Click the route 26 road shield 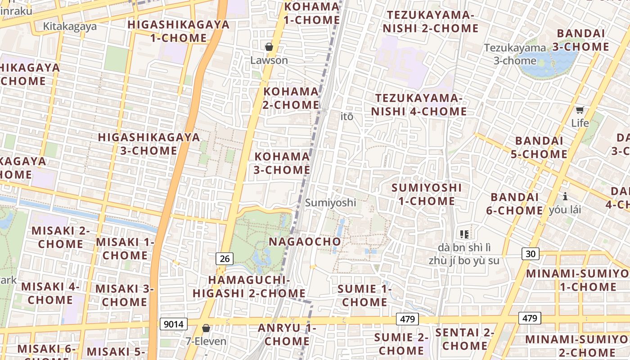pos(225,258)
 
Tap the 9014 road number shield pos(174,324)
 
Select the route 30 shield pos(531,254)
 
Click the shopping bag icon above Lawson pos(269,47)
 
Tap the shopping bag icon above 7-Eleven pos(206,328)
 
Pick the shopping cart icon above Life pos(580,110)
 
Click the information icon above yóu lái pos(565,196)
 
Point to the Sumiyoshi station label pos(330,202)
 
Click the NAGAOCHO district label pos(305,242)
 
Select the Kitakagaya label pos(70,27)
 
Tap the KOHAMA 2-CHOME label pos(291,98)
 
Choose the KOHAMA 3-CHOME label pos(282,163)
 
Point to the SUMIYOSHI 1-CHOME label pos(427,194)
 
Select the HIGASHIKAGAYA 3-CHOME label pos(149,144)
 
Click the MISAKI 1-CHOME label pos(125,248)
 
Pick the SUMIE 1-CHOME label pos(364,295)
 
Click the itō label pos(346,117)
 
